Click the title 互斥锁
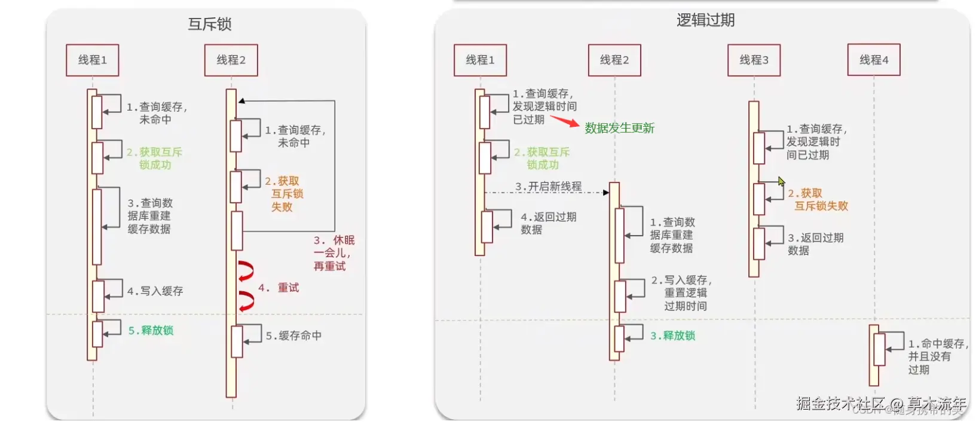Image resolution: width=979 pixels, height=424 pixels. coord(209,25)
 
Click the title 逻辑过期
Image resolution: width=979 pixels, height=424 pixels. coord(705,21)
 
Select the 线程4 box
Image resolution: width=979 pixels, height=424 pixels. coord(873,60)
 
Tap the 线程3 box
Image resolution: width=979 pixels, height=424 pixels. coord(754,60)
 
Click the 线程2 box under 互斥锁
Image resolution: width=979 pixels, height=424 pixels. coord(231,60)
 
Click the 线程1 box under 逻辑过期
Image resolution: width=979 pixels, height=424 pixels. coord(480,60)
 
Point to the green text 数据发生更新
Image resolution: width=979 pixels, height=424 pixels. coord(619,128)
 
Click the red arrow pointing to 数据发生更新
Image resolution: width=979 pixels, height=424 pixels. coord(564,121)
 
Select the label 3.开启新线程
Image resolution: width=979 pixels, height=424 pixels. coord(548,187)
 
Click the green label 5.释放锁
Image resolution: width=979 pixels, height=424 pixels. coord(151,331)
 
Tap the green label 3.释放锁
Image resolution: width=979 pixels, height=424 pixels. coord(672,336)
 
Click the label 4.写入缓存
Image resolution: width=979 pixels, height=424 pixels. coord(155,291)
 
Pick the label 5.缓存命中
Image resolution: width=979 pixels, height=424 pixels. coord(293,336)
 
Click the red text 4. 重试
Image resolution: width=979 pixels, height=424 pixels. coord(279,288)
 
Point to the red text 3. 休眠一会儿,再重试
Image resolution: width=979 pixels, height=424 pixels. coord(334,253)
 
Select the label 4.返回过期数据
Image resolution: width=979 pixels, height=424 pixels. coord(547,223)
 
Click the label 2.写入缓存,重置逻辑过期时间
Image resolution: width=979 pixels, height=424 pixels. coord(681,293)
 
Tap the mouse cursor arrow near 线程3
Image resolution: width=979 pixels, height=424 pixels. coord(781,182)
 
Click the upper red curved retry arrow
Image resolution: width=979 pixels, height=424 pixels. coord(246,271)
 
